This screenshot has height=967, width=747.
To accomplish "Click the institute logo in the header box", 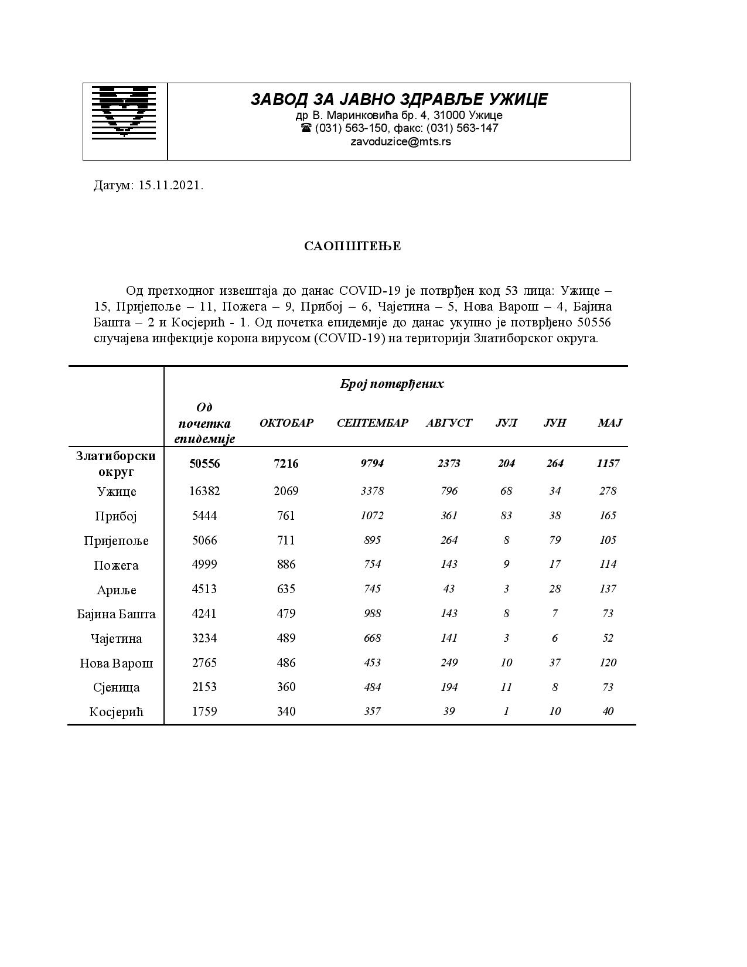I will pyautogui.click(x=124, y=112).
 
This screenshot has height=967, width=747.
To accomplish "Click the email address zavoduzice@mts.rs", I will pyautogui.click(x=400, y=141).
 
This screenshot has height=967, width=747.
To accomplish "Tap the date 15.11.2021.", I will pyautogui.click(x=171, y=186).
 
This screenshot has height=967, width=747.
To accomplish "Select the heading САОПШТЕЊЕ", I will pyautogui.click(x=353, y=246).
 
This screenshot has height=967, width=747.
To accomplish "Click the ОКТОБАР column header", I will pyautogui.click(x=286, y=423).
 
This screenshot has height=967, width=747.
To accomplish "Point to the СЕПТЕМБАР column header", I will pyautogui.click(x=373, y=423).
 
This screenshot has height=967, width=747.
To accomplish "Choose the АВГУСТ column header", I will pyautogui.click(x=449, y=423).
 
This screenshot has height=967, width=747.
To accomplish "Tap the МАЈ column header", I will pyautogui.click(x=609, y=423).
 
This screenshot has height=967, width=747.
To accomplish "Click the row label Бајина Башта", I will pyautogui.click(x=117, y=614).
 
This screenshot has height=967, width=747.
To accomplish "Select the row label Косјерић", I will pyautogui.click(x=117, y=712).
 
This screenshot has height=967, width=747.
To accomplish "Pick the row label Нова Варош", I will pyautogui.click(x=117, y=663).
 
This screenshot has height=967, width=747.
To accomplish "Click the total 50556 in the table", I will pyautogui.click(x=204, y=464).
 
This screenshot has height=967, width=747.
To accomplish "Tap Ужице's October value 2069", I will pyautogui.click(x=286, y=491).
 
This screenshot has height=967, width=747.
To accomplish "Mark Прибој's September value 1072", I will pyautogui.click(x=372, y=516).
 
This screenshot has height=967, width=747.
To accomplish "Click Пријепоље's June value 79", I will pyautogui.click(x=555, y=540).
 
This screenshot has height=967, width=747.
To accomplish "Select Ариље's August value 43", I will pyautogui.click(x=449, y=589).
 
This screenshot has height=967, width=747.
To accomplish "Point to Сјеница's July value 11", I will pyautogui.click(x=506, y=687).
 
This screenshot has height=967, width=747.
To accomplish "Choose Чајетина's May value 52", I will pyautogui.click(x=608, y=638).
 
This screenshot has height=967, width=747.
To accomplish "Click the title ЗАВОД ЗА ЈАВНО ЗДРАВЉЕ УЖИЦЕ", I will pyautogui.click(x=399, y=100).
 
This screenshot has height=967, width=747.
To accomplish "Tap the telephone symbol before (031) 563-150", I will pyautogui.click(x=306, y=128).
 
